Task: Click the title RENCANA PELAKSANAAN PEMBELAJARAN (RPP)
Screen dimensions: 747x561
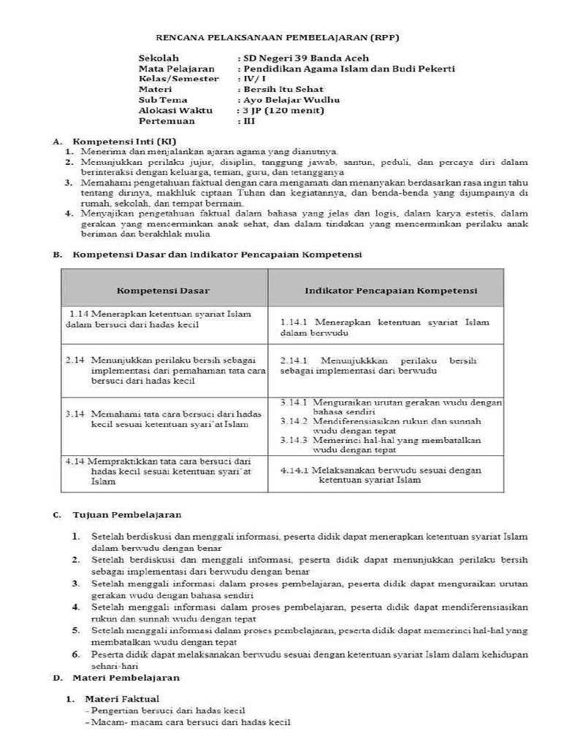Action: [x=280, y=37]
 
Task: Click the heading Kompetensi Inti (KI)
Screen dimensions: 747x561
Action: [x=124, y=140]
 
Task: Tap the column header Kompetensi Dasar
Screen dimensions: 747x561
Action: [x=164, y=290]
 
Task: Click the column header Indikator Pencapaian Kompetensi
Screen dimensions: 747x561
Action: [x=391, y=290]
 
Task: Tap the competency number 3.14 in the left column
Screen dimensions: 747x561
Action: [x=75, y=414]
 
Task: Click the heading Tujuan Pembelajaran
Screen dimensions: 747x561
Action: [x=127, y=515]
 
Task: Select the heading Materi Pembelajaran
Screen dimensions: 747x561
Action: [x=126, y=678]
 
